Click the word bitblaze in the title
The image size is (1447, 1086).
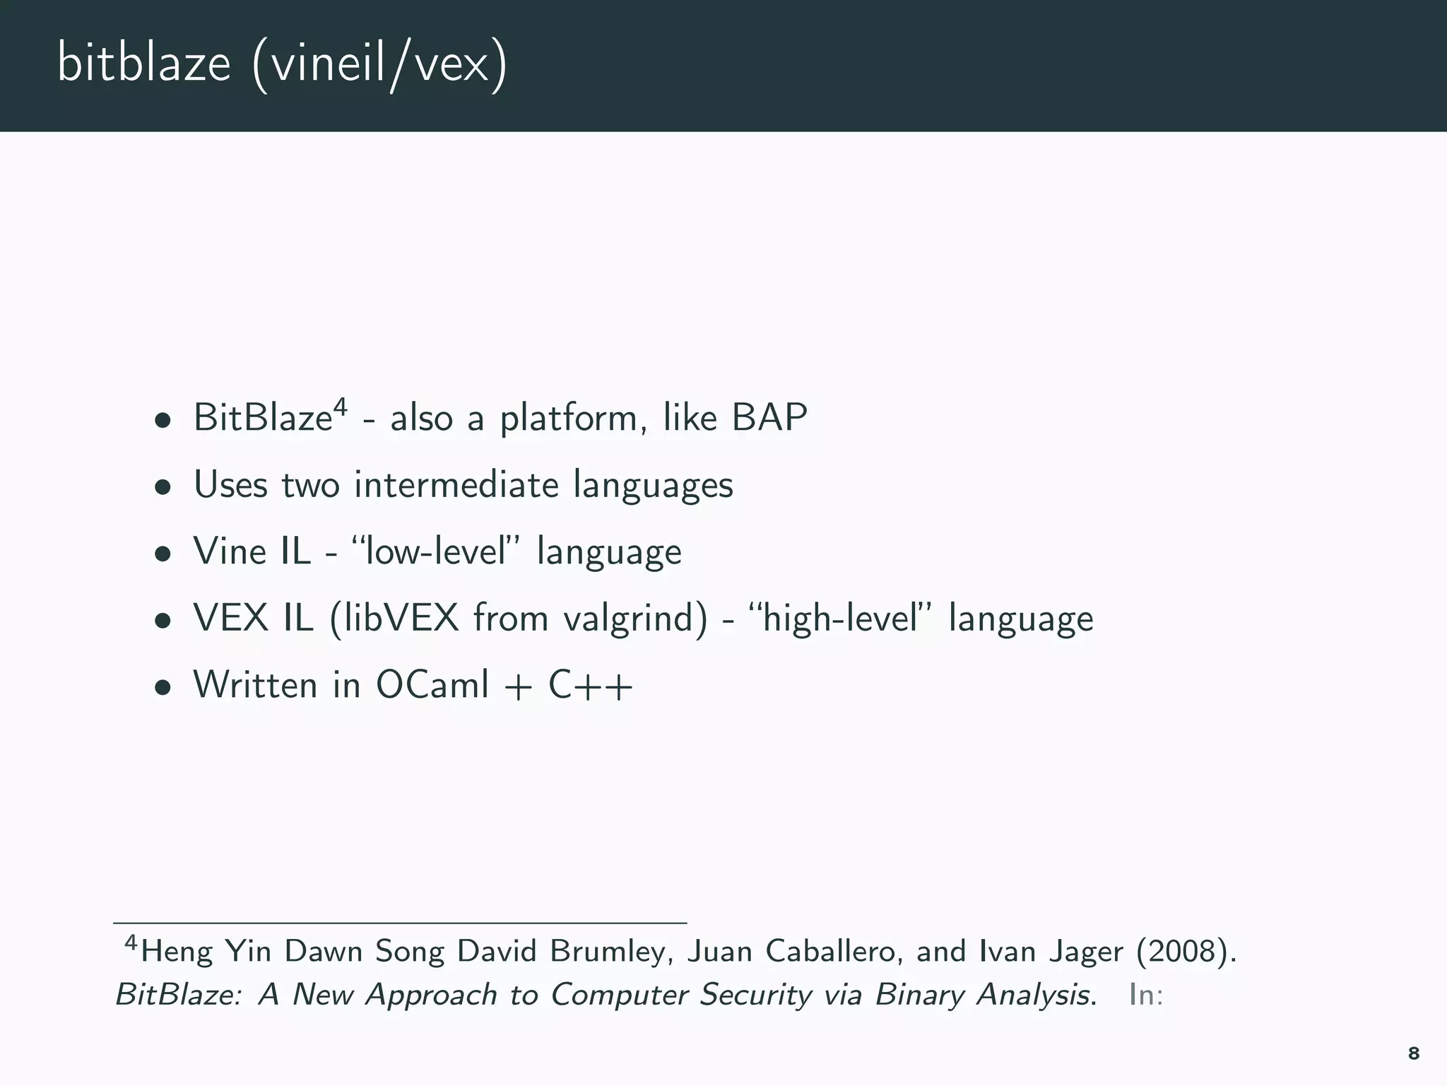[144, 64]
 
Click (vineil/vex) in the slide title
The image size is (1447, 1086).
[379, 65]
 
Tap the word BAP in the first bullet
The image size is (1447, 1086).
[769, 417]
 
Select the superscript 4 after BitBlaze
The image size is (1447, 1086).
[340, 407]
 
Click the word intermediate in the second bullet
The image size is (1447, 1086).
[456, 485]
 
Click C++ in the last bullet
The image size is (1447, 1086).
[591, 684]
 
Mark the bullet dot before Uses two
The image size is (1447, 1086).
[163, 486]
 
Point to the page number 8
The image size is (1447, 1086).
[1413, 1053]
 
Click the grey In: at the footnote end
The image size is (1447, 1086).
[1145, 995]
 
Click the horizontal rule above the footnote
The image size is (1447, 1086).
[400, 923]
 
